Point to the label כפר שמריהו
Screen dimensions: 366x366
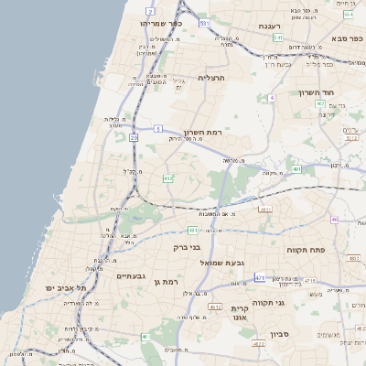162,23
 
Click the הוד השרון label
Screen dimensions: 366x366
342,93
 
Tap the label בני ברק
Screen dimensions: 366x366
187,247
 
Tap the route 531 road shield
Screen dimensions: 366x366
205,22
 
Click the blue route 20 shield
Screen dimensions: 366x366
134,137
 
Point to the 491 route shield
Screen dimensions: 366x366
297,169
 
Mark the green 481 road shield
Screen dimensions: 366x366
193,230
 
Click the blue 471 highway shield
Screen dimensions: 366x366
260,277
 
